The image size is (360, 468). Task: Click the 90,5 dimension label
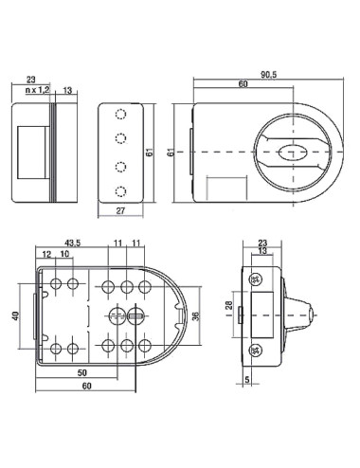point(269,75)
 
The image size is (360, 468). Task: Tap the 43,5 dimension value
point(73,243)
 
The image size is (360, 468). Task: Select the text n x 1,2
point(38,90)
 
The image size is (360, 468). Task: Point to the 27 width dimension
point(120,210)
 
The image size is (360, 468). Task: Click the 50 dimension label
point(82,372)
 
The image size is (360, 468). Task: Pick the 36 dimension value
point(196,316)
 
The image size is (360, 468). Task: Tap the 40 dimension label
point(16,315)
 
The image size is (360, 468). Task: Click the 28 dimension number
point(229,305)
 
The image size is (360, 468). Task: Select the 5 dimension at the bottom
point(247,380)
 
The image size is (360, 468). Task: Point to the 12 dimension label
point(46,254)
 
